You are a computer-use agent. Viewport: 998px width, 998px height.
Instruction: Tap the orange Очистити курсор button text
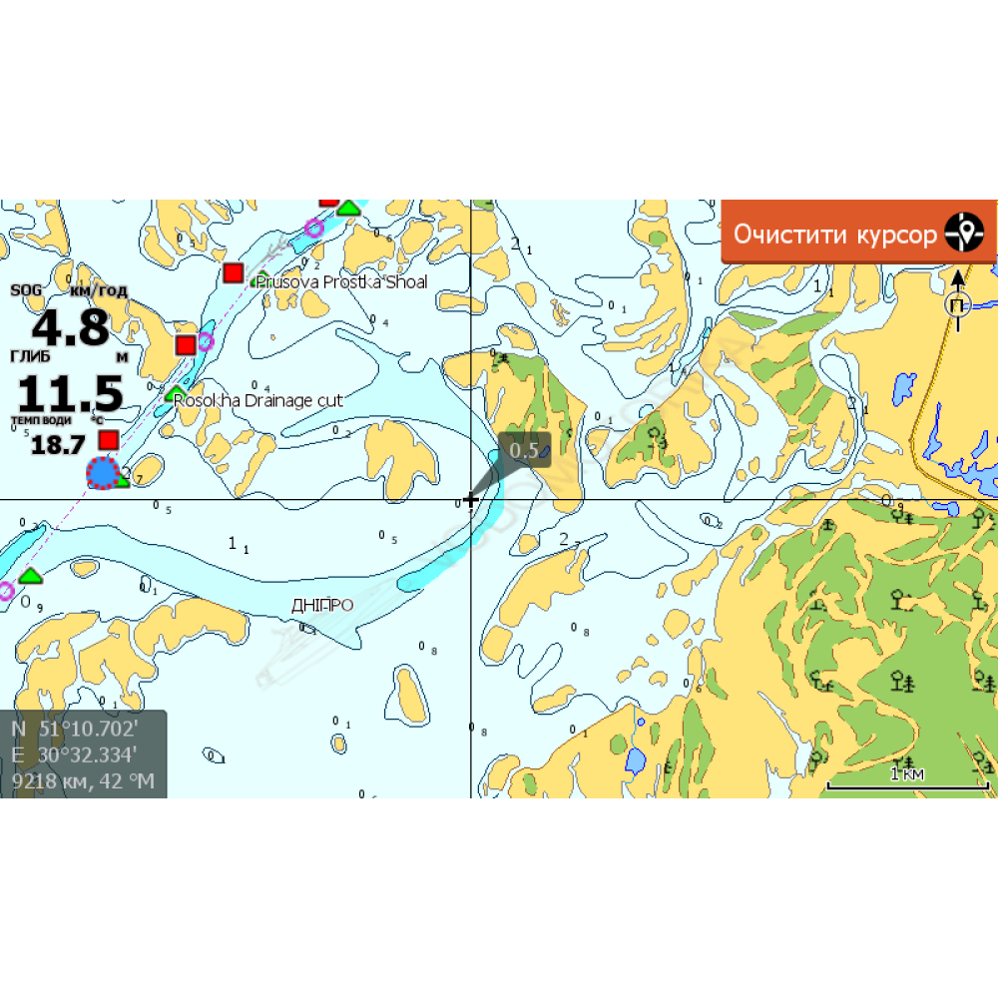[x=835, y=235]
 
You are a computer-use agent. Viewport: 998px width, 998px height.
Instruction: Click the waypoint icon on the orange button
[x=964, y=233]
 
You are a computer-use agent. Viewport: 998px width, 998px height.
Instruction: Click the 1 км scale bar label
[x=906, y=773]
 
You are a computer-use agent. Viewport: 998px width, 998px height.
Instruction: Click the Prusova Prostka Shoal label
[x=341, y=282]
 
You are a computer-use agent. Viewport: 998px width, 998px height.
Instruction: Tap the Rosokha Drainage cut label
[x=257, y=400]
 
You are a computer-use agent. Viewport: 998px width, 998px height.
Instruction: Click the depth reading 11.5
[x=70, y=393]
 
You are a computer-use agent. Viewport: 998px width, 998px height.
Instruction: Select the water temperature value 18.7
[x=58, y=445]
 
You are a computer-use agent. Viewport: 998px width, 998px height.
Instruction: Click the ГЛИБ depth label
[x=29, y=355]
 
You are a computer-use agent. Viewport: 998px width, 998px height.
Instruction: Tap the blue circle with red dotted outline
[x=102, y=472]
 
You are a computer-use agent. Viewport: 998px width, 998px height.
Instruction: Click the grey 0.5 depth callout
[x=524, y=450]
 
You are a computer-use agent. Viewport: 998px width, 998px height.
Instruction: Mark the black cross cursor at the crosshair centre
[x=471, y=500]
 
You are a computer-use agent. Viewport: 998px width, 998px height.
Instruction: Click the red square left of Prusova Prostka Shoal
[x=234, y=272]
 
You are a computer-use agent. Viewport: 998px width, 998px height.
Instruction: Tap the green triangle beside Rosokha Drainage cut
[x=176, y=393]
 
